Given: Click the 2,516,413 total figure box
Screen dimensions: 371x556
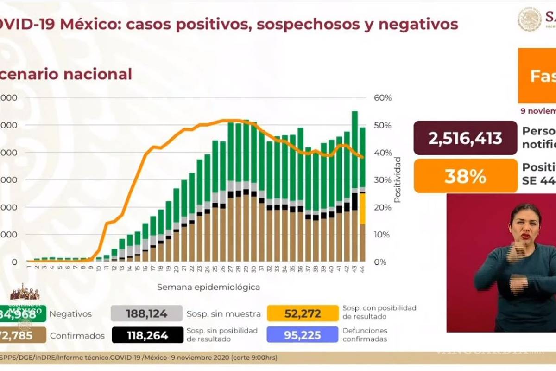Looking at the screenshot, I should pyautogui.click(x=465, y=138).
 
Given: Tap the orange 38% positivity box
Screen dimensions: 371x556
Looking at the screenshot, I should pyautogui.click(x=465, y=176).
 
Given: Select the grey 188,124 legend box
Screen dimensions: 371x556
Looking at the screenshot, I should pyautogui.click(x=147, y=313).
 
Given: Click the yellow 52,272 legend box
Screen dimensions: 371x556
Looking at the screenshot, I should pyautogui.click(x=303, y=313).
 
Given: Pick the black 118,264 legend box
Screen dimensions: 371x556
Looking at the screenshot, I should pyautogui.click(x=147, y=335).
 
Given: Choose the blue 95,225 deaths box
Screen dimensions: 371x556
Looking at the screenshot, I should pyautogui.click(x=303, y=335).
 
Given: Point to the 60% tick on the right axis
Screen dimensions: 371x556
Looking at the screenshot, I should pyautogui.click(x=383, y=98).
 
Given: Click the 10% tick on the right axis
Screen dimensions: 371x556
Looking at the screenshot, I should pyautogui.click(x=383, y=235).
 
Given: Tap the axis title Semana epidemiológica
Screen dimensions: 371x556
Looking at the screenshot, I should pyautogui.click(x=208, y=287).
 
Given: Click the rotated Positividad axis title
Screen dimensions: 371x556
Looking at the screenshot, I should pyautogui.click(x=397, y=180).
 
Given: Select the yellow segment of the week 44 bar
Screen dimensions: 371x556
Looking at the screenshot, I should pyautogui.click(x=362, y=209).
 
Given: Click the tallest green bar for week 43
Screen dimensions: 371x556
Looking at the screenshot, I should pyautogui.click(x=354, y=148).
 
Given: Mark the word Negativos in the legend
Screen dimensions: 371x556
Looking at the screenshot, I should pyautogui.click(x=70, y=314).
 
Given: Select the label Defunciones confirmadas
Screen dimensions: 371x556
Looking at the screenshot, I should pyautogui.click(x=365, y=335).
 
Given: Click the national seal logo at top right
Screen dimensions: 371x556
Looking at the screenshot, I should pyautogui.click(x=530, y=19).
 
